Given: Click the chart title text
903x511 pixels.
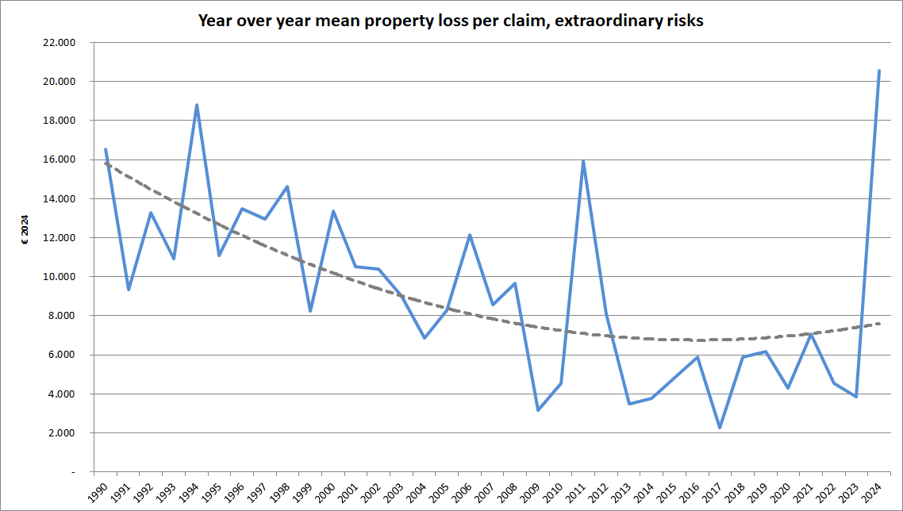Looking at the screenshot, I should [x=451, y=21].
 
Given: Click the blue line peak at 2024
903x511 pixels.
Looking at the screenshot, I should [x=879, y=71].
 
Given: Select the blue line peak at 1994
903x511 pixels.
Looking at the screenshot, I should [x=197, y=105].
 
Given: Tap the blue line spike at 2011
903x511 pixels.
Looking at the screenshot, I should [x=583, y=162].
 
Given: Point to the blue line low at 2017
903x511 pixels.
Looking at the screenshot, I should [x=720, y=428].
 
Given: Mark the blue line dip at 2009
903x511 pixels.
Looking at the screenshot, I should [x=538, y=410].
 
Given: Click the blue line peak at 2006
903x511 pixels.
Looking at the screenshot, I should [x=470, y=235].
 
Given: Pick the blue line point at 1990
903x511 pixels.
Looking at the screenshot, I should [x=106, y=149].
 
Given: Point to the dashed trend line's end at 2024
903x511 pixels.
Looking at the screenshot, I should [x=879, y=323].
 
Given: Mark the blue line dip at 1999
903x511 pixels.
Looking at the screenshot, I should [x=310, y=310].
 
